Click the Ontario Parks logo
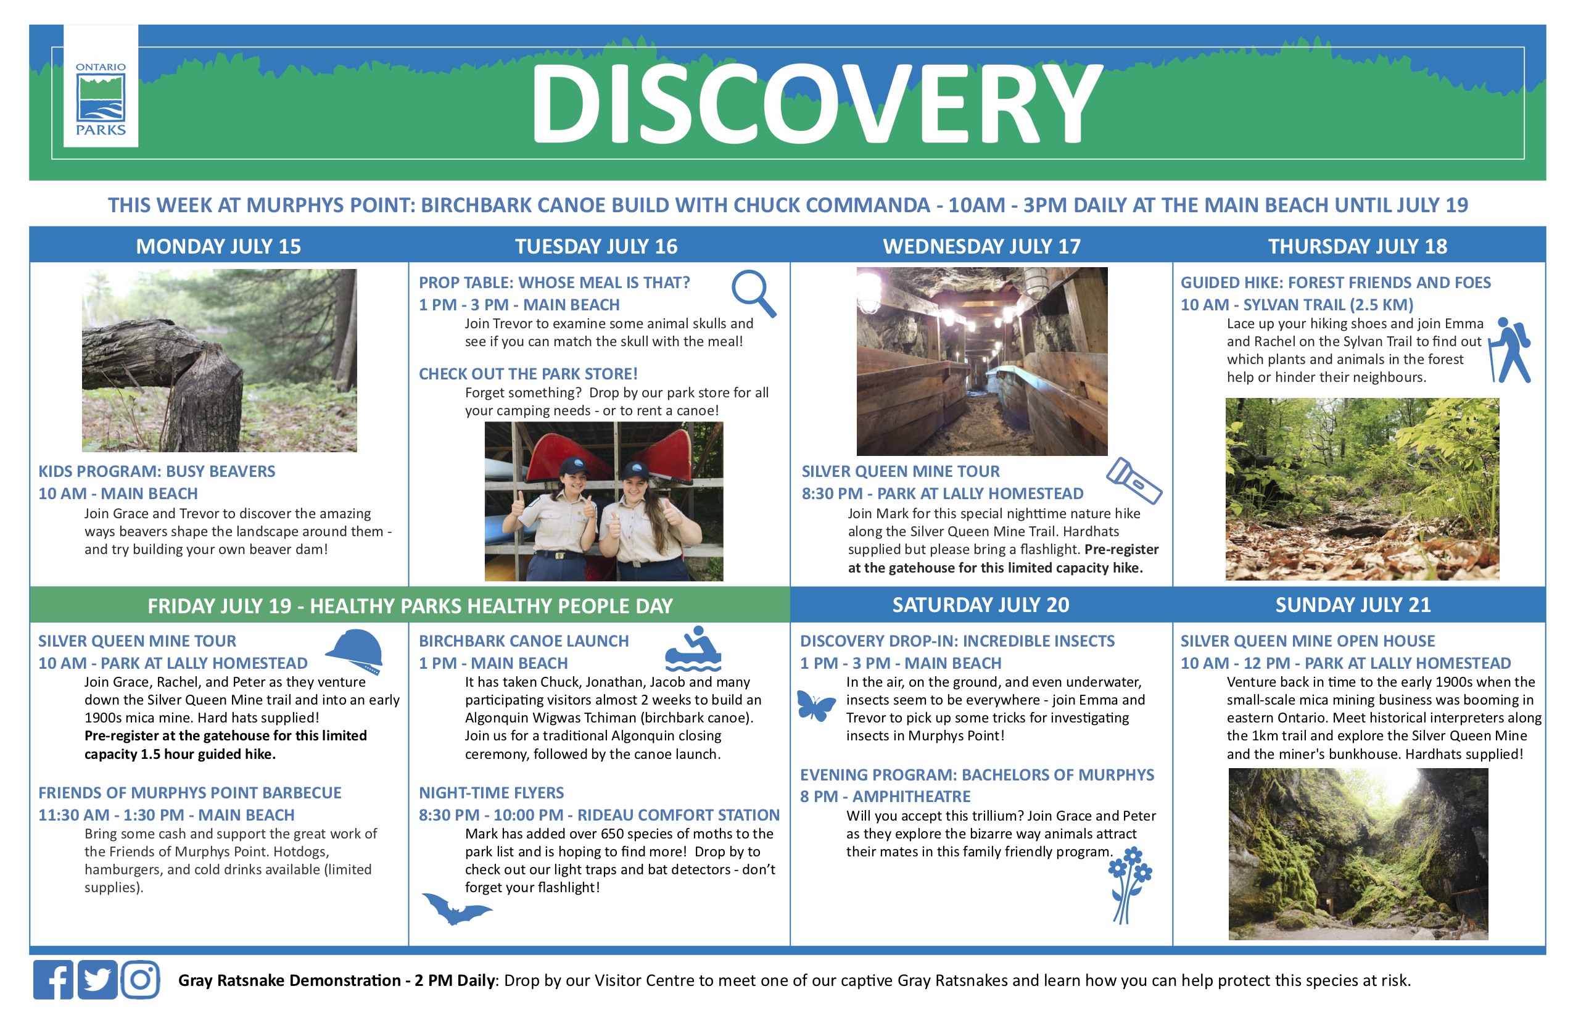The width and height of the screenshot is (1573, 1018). click(101, 99)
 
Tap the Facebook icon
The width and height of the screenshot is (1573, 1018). click(54, 980)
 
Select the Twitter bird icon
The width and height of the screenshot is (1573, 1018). click(97, 980)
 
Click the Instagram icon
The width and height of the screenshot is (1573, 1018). click(140, 980)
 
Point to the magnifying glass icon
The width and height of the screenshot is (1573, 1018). click(753, 293)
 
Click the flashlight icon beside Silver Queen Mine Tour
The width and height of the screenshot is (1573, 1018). click(1134, 481)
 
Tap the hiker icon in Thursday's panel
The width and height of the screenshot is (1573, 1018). click(1510, 350)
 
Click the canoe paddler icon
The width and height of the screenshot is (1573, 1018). click(693, 649)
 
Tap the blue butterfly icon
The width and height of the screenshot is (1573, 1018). click(815, 706)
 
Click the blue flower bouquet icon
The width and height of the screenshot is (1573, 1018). click(1129, 885)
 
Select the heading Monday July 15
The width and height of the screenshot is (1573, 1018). click(218, 247)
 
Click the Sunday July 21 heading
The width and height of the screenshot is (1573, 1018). click(1353, 605)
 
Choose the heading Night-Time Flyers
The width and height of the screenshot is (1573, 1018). click(491, 793)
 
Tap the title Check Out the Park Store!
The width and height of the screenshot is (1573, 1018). click(528, 374)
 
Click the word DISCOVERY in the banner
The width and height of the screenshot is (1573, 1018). click(816, 104)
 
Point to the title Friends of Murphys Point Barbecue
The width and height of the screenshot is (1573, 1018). click(190, 793)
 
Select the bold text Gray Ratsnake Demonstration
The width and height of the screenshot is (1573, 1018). click(289, 980)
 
